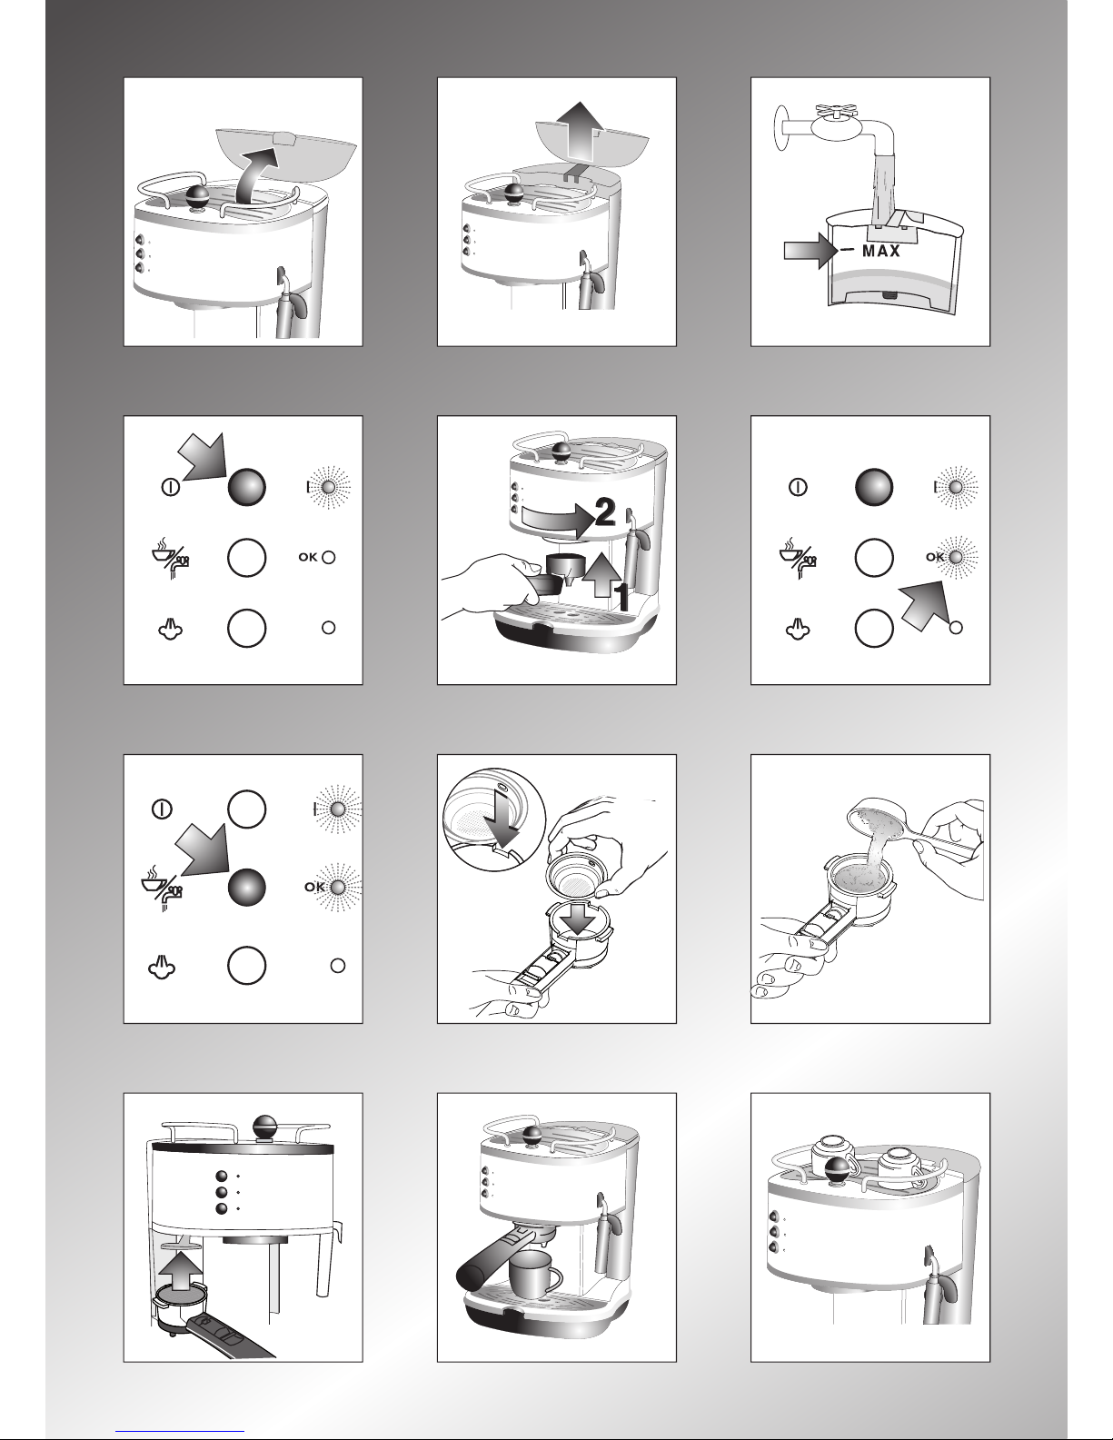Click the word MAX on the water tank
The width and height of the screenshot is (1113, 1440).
pyautogui.click(x=881, y=251)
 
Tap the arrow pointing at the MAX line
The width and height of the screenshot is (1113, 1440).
pyautogui.click(x=810, y=251)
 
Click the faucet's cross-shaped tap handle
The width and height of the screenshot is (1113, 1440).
pyautogui.click(x=838, y=112)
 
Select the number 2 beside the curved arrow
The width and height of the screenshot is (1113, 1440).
pyautogui.click(x=605, y=512)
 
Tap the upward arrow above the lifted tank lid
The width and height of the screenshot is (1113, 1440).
pyautogui.click(x=579, y=130)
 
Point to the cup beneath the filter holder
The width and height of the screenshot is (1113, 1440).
pyautogui.click(x=534, y=1275)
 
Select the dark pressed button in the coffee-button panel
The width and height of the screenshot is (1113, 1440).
pyautogui.click(x=246, y=888)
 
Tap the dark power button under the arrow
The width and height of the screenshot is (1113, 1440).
pyautogui.click(x=246, y=487)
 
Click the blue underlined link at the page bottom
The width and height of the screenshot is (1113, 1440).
pyautogui.click(x=180, y=1432)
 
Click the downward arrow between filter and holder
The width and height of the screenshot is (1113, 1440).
pyautogui.click(x=578, y=917)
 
